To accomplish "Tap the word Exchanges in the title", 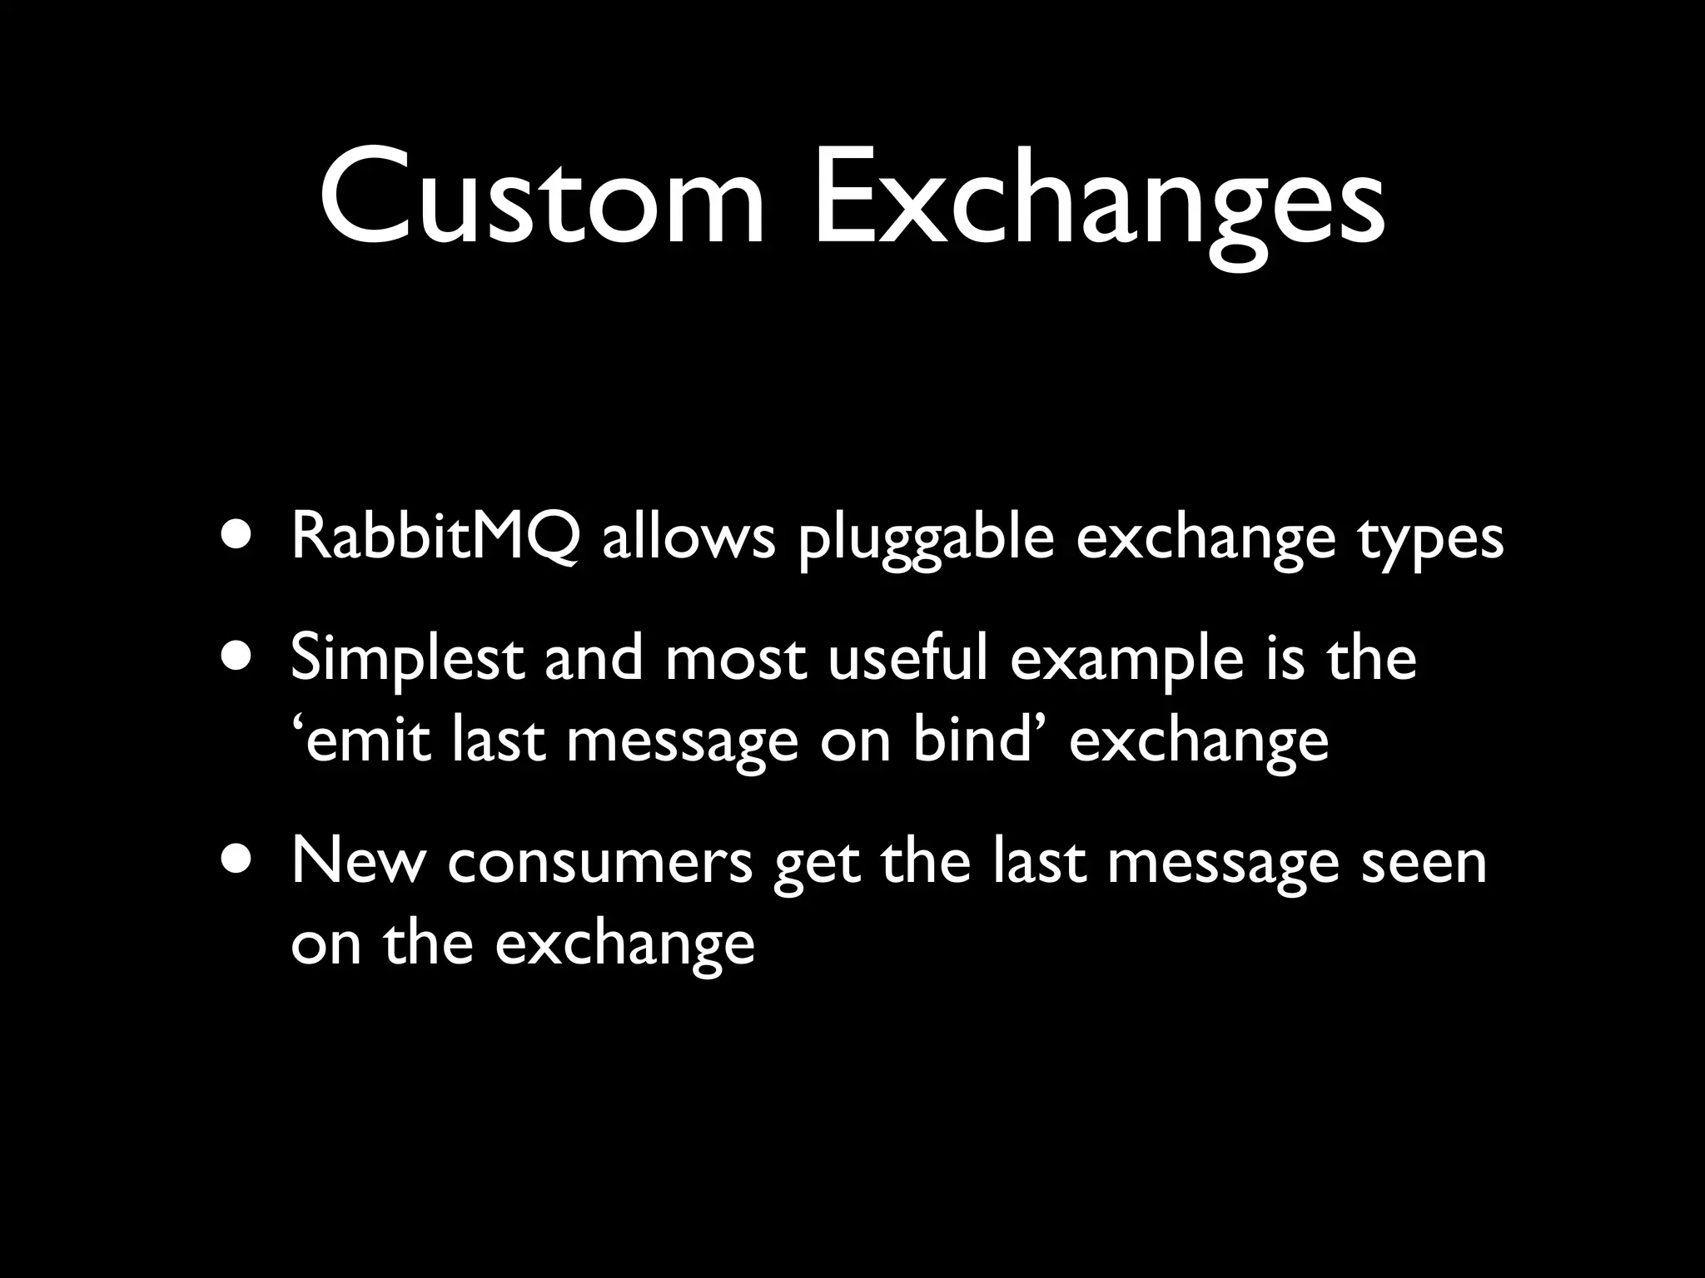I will (x=1099, y=204).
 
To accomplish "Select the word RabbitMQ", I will (x=435, y=537).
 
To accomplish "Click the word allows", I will (x=688, y=537).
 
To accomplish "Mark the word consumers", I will (x=600, y=863).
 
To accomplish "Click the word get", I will (x=815, y=865).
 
